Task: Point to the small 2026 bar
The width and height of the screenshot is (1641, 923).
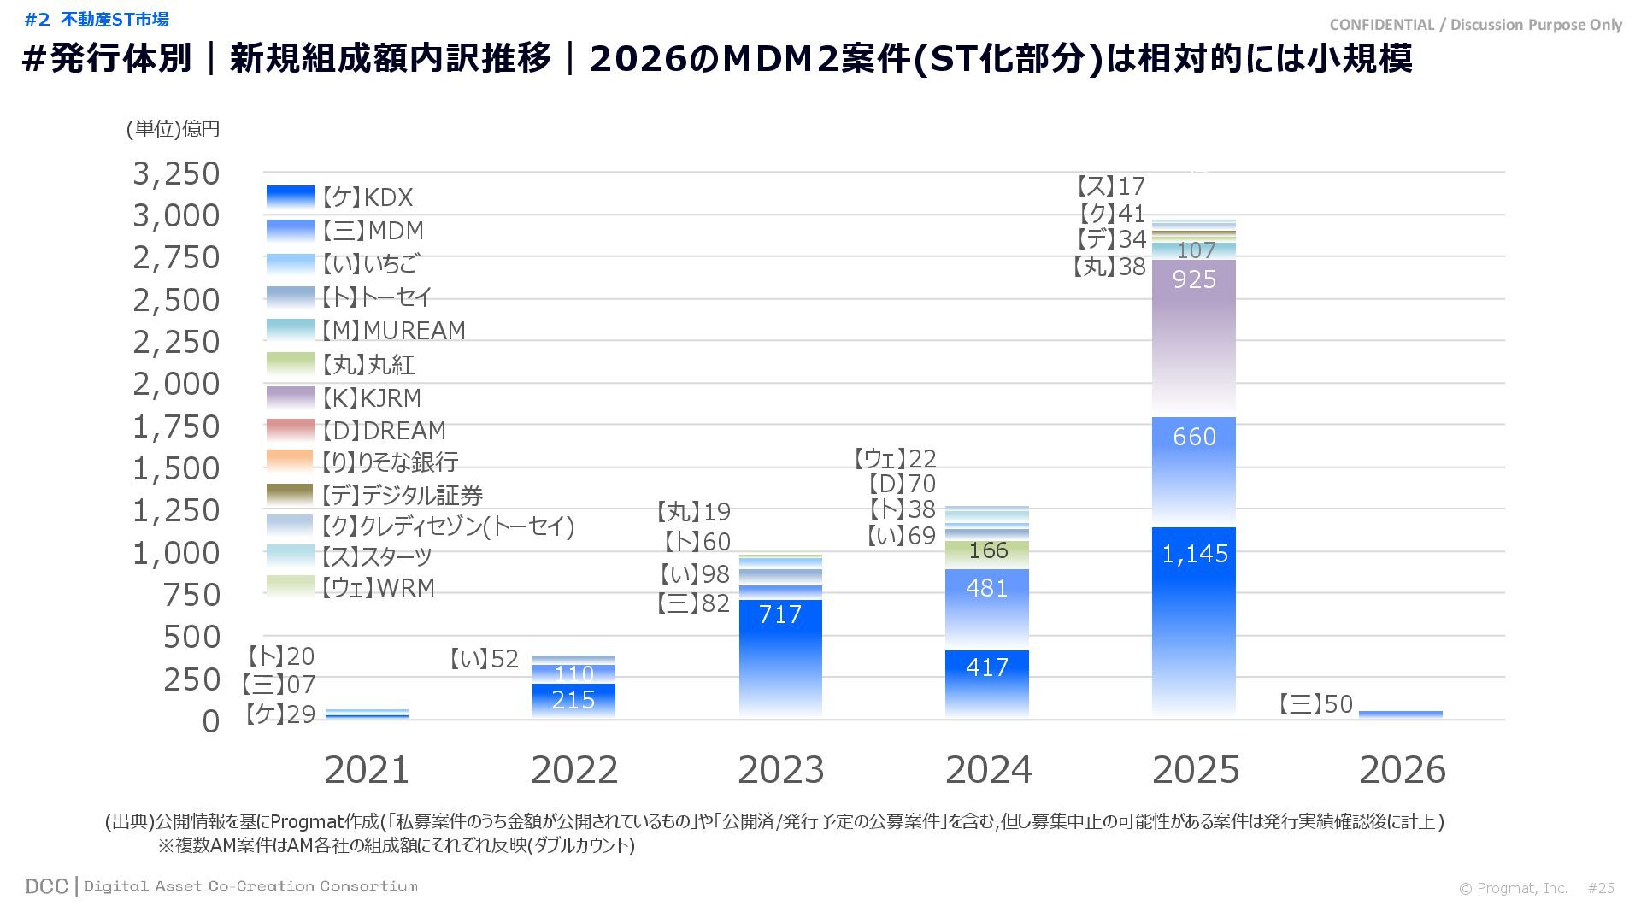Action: click(1400, 714)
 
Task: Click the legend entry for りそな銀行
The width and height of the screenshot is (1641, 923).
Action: click(390, 462)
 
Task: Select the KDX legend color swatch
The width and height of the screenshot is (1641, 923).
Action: click(291, 197)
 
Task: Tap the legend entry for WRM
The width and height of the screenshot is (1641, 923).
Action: click(378, 588)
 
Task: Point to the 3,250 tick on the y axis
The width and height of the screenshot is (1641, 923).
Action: click(176, 173)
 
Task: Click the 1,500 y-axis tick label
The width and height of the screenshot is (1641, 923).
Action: click(176, 468)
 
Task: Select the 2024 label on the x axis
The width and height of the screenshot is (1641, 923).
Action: click(988, 770)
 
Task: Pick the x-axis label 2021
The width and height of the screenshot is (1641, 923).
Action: click(367, 770)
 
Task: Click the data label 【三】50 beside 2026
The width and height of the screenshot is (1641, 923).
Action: click(1316, 704)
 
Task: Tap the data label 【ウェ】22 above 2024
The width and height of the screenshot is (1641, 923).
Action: click(895, 459)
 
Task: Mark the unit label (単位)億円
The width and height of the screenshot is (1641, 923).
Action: click(174, 129)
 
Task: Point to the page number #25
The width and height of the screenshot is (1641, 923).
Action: click(1601, 888)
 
